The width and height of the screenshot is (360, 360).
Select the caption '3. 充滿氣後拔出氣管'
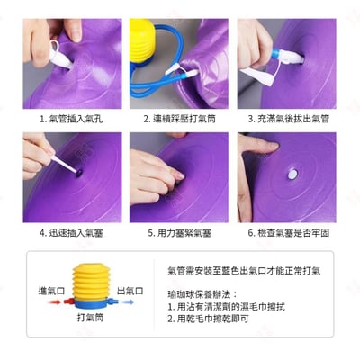tap(290, 118)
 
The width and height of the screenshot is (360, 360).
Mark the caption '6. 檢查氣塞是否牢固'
tap(290, 231)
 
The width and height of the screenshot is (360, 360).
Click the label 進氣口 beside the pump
tap(51, 291)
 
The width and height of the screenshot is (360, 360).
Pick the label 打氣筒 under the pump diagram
tap(91, 319)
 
